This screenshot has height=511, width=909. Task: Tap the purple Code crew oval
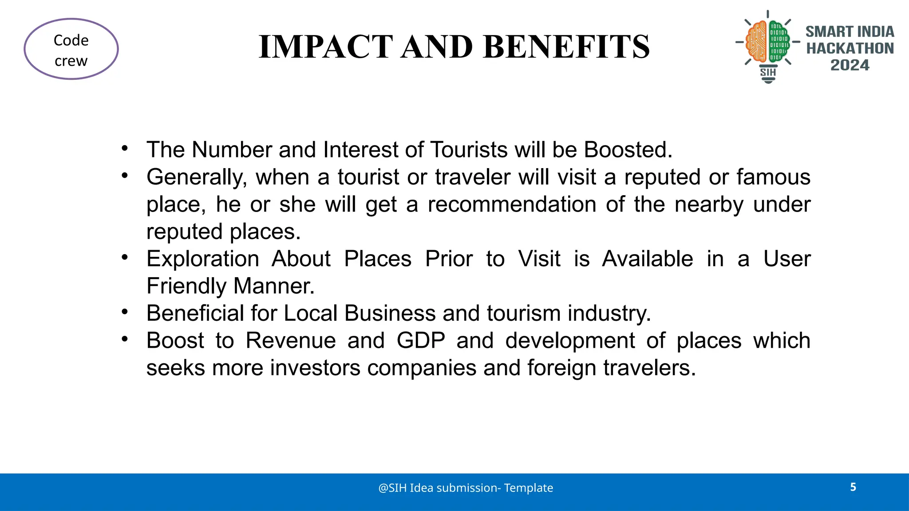[x=71, y=49]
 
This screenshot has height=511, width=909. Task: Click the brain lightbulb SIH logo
[x=768, y=46]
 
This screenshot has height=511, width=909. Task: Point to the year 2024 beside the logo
[x=850, y=65]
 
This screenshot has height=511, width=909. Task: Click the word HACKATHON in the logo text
[x=850, y=48]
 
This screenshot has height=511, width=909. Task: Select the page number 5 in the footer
[x=853, y=487]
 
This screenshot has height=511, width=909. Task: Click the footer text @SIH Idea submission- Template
[x=466, y=488]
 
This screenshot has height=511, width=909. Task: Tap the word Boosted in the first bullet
[x=628, y=150]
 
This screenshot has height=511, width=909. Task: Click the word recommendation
[x=512, y=204]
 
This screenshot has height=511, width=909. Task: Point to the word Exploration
[x=203, y=259]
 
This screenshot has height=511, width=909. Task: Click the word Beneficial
[x=195, y=313]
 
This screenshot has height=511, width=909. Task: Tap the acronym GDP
[x=421, y=341]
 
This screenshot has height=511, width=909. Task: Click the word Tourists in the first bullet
[x=469, y=150]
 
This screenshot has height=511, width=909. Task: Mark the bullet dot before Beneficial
[x=125, y=312]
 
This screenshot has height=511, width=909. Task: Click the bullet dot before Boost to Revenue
[x=125, y=339]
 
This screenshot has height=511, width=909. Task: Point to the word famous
[x=773, y=177]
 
